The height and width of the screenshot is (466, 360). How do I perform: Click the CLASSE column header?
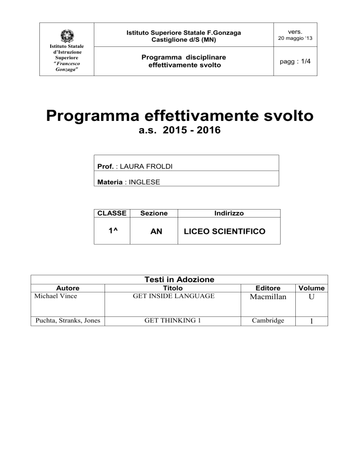[x=111, y=213]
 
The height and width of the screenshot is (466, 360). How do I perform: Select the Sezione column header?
[x=154, y=213]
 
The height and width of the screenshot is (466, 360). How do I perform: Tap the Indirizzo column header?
[x=228, y=213]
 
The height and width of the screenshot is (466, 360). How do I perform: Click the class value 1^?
[x=111, y=231]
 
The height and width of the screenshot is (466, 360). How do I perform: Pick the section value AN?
[x=154, y=231]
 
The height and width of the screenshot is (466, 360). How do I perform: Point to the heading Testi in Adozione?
[x=179, y=279]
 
